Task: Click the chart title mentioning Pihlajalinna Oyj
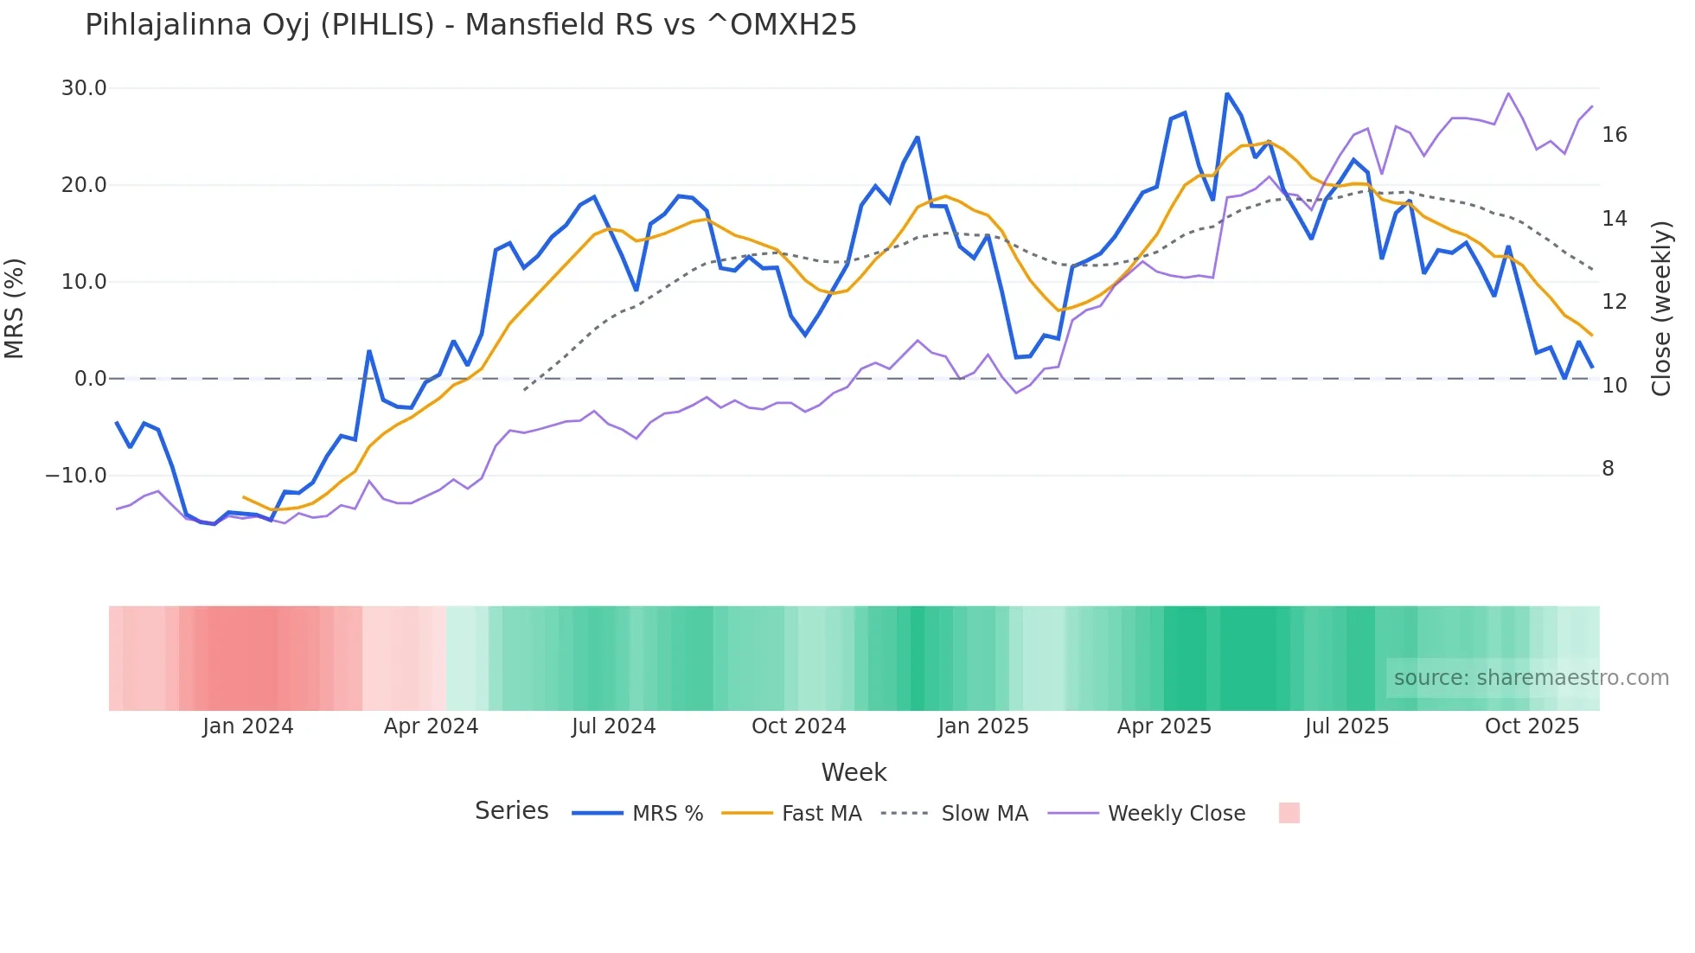(470, 25)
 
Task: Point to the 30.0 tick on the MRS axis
(84, 88)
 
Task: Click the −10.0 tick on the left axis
(76, 476)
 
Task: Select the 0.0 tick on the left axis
(91, 379)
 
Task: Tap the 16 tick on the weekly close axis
(1615, 135)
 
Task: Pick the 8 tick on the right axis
(1609, 469)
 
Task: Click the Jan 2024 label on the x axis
(248, 726)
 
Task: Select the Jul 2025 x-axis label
(1346, 726)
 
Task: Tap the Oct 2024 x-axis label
(798, 726)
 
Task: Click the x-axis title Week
(854, 772)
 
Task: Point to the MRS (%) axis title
(15, 309)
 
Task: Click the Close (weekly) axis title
(1661, 309)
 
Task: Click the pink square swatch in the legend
(1289, 813)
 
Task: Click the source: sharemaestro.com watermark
(1531, 678)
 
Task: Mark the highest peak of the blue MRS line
(1227, 93)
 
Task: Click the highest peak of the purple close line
(1508, 93)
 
